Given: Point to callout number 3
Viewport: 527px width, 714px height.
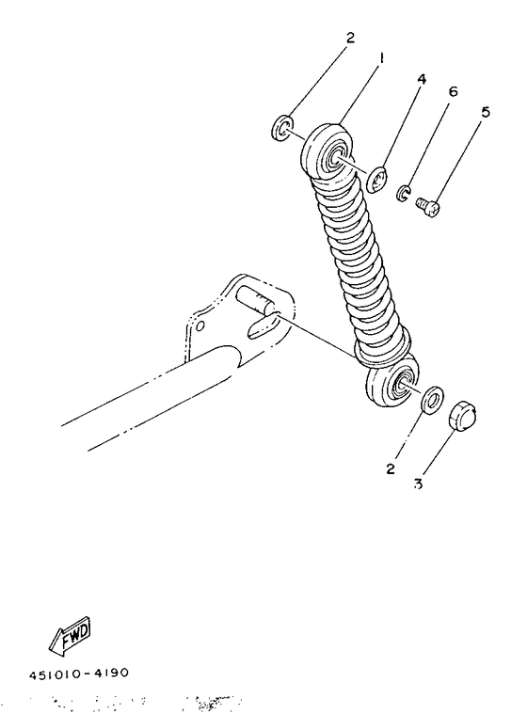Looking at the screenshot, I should [x=417, y=485].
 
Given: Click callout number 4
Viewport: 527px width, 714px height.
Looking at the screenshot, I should [x=422, y=80].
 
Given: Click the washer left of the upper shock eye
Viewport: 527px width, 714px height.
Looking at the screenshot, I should [x=283, y=127].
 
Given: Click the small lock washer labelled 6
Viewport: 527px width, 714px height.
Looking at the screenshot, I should [x=402, y=194].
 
